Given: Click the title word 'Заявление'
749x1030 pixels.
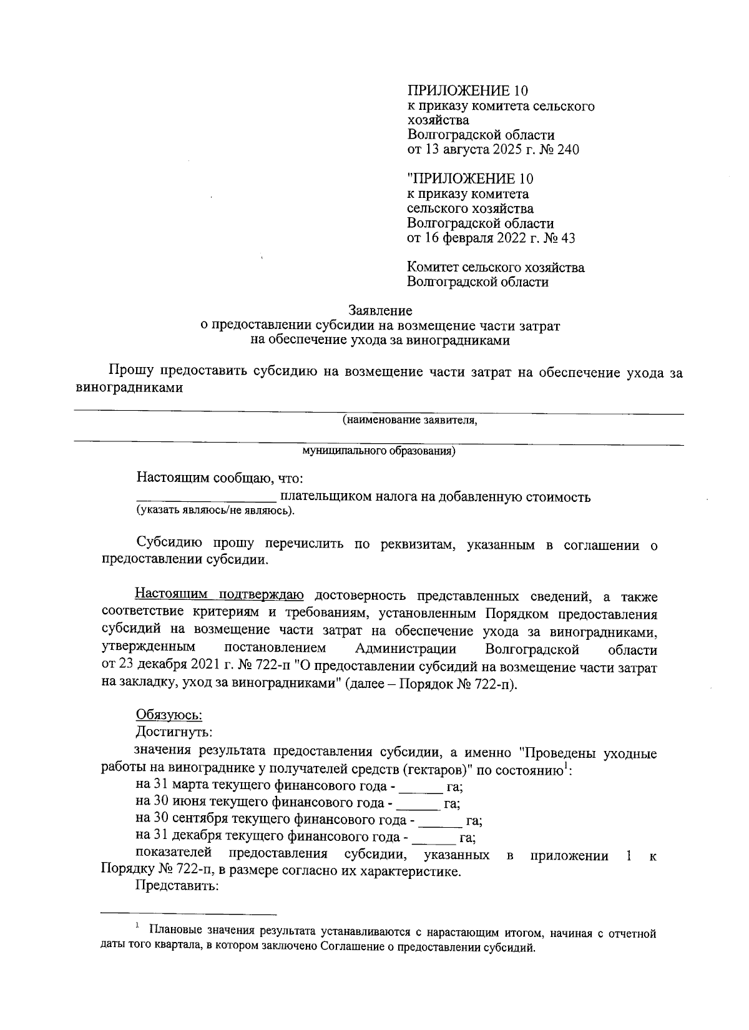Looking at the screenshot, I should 379,310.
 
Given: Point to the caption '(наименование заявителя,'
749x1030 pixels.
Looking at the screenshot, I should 409,421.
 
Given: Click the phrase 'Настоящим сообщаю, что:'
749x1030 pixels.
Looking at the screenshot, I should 220,479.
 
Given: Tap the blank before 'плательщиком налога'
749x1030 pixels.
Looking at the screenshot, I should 206,498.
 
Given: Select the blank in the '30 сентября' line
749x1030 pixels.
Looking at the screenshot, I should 439,820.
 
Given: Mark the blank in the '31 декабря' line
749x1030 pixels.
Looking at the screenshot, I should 434,837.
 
